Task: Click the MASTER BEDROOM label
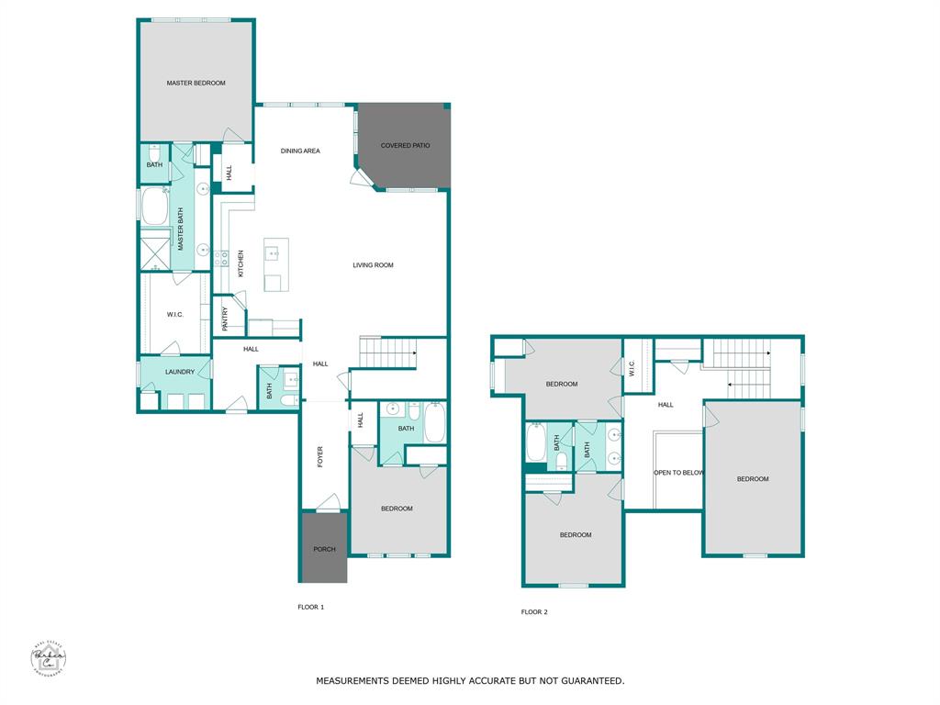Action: tap(196, 84)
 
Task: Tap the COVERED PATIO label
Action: tap(405, 146)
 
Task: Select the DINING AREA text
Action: tap(300, 151)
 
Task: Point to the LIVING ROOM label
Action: tap(373, 265)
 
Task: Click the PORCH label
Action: tap(324, 550)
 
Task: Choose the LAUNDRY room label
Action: tap(179, 372)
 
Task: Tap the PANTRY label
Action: tap(226, 319)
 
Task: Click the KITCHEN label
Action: tap(241, 264)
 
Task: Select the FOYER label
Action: tap(320, 456)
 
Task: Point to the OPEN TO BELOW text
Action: tap(678, 473)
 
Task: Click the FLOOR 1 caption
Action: tap(311, 607)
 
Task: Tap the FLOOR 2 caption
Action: tap(534, 611)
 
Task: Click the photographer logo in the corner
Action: tap(48, 659)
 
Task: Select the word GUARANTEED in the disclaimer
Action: tap(589, 681)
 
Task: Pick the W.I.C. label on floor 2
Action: tap(632, 367)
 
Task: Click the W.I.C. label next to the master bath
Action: tap(175, 315)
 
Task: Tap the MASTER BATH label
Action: tap(181, 229)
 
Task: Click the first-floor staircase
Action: tap(386, 352)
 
